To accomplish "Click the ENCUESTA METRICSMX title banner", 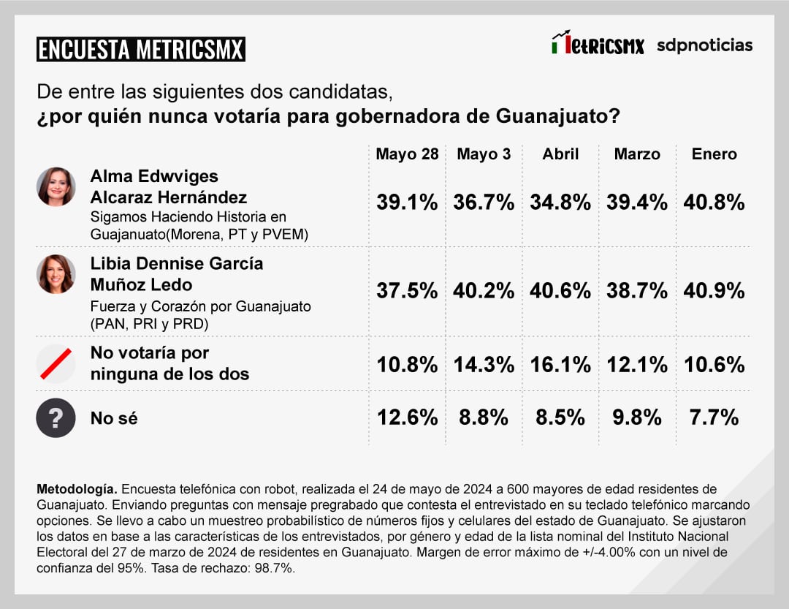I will [141, 49].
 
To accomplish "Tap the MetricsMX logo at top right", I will [598, 44].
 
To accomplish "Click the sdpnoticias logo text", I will [704, 45].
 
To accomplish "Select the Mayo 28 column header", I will [407, 154].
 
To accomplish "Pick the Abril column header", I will [560, 154].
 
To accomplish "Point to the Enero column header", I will [714, 154].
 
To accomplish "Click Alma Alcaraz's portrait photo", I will [56, 186].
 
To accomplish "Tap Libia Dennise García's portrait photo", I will [56, 274].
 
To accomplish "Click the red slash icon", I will [56, 364].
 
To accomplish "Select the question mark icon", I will [56, 418].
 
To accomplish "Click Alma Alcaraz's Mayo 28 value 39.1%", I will [407, 203].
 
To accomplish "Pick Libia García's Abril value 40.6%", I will [560, 290].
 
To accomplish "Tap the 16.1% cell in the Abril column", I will [560, 364].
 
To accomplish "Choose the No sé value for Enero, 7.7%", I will [714, 417].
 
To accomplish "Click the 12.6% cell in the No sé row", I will [407, 417].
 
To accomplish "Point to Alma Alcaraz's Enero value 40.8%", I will [714, 203].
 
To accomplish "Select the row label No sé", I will [114, 418].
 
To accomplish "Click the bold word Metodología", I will [76, 488].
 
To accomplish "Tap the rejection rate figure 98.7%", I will [276, 567].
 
